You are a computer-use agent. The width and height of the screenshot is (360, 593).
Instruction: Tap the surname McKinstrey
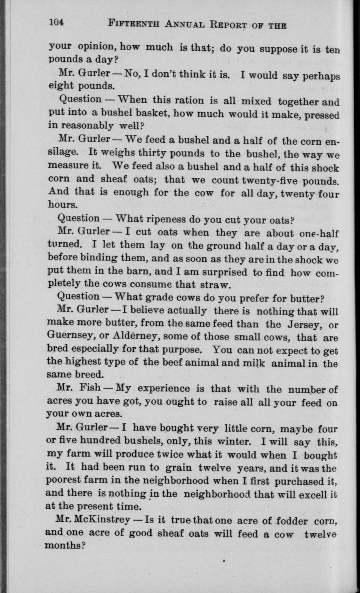[x=103, y=521]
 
